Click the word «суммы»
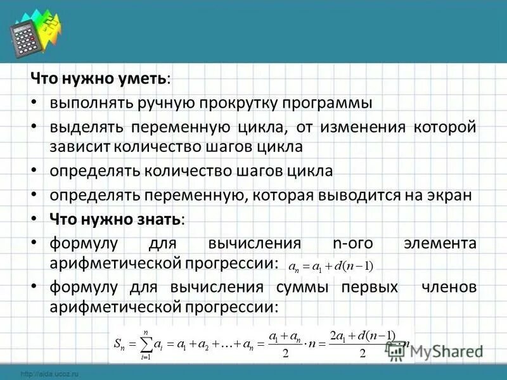click(302, 287)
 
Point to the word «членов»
click(449, 287)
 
